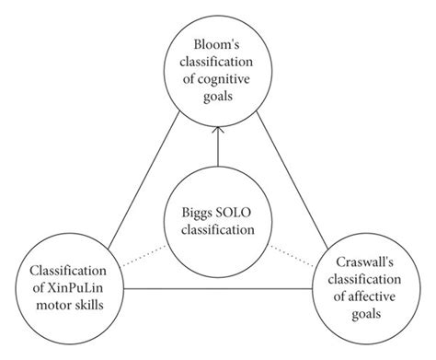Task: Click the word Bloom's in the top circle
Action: pyautogui.click(x=216, y=43)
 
